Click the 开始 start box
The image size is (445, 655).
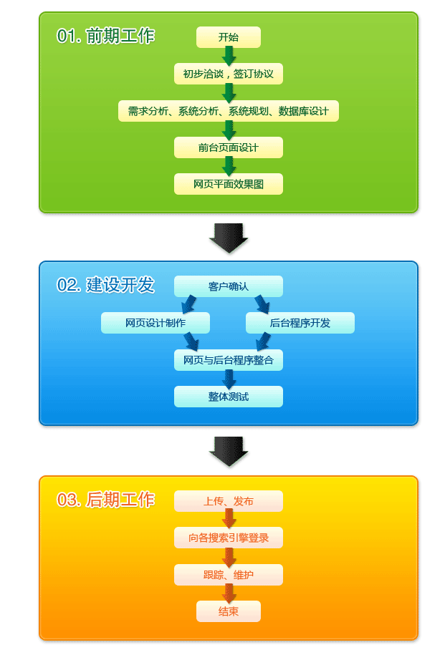coord(228,37)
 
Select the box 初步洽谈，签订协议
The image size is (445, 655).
coord(228,74)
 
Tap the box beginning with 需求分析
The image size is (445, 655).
coord(228,111)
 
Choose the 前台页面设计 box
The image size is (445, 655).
coord(228,147)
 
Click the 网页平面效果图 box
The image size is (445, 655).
coord(228,184)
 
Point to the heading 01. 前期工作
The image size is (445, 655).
coord(105,36)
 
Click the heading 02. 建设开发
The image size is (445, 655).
coord(105,284)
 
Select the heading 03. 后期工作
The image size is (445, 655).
coord(105,499)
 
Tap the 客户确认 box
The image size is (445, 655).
coord(228,286)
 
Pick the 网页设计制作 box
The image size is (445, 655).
coord(155,323)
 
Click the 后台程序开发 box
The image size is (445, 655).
coord(300,323)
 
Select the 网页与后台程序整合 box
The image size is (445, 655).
coord(228,360)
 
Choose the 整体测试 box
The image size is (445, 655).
coord(228,397)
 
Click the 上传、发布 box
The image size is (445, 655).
coord(228,501)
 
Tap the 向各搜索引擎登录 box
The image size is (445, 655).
coord(228,538)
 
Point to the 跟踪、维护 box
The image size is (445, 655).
coord(228,575)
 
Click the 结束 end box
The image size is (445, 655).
coord(228,611)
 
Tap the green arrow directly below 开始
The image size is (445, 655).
coord(229,56)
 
